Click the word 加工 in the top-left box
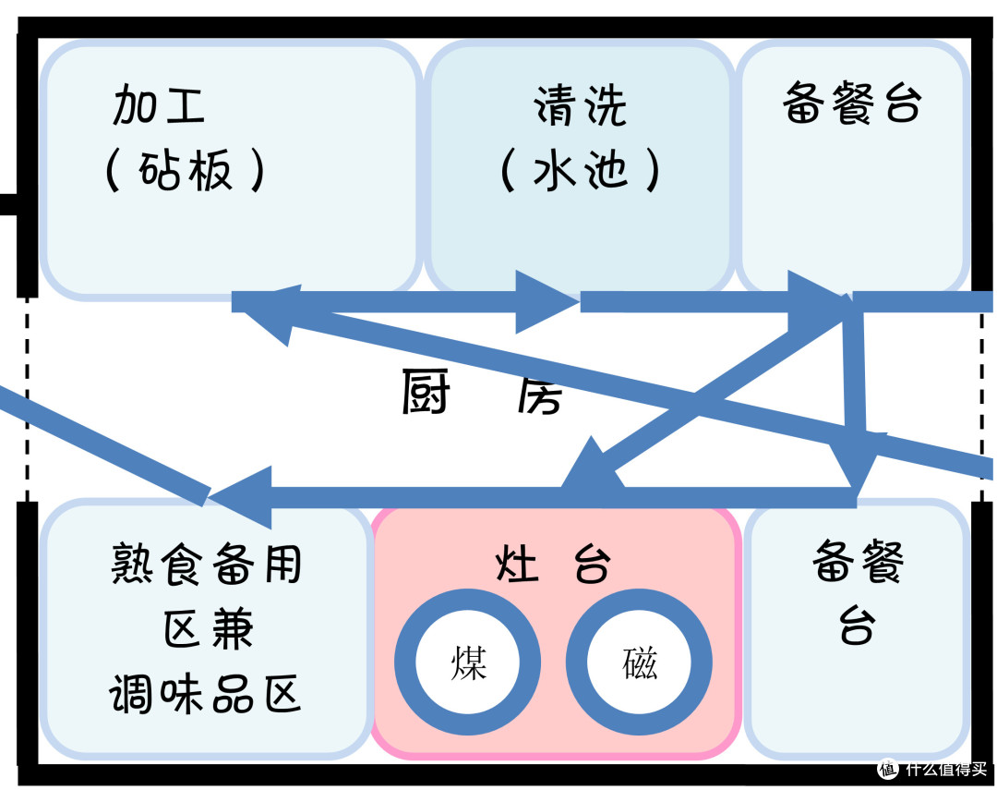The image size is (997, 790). [158, 106]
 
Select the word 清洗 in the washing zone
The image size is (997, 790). [580, 106]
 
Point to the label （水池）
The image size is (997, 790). [580, 171]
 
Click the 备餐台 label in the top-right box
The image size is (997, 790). [851, 103]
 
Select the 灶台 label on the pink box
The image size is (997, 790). [553, 563]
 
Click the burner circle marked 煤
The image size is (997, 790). [467, 662]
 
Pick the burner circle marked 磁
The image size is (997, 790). [639, 662]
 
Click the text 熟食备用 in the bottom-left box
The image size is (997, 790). [207, 563]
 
